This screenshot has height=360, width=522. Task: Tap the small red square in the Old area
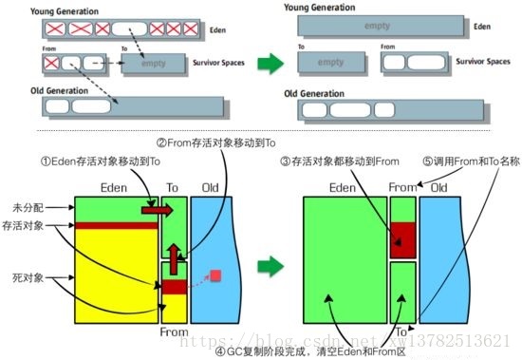point(216,275)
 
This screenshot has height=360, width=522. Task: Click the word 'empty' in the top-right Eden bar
point(377,26)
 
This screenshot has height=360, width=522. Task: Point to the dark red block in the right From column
point(404,238)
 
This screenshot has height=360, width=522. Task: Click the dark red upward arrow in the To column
point(173,256)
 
